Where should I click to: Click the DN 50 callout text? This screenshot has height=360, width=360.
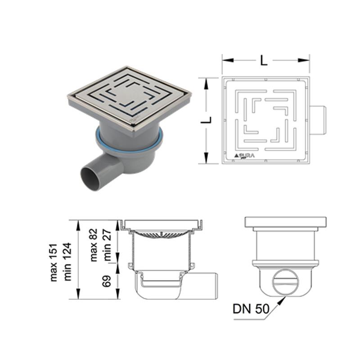(251, 309)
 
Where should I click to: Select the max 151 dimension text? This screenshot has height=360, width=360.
(54, 262)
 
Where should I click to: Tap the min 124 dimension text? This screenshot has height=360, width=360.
(67, 262)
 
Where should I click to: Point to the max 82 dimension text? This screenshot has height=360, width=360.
(94, 245)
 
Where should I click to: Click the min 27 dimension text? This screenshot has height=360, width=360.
(107, 245)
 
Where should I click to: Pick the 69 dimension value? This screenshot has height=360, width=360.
(107, 281)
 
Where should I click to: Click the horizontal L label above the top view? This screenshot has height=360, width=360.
(264, 61)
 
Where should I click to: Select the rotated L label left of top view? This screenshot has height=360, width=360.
(206, 120)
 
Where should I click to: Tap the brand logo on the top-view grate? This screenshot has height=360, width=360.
(244, 156)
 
